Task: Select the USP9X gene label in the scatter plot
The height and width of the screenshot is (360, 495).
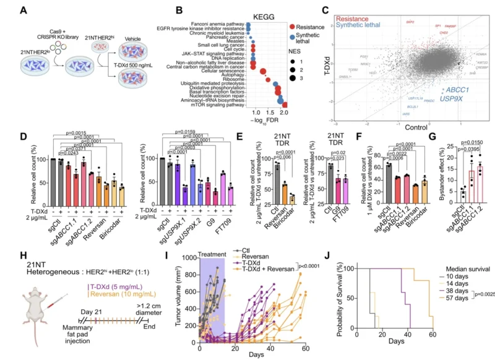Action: click(x=454, y=98)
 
